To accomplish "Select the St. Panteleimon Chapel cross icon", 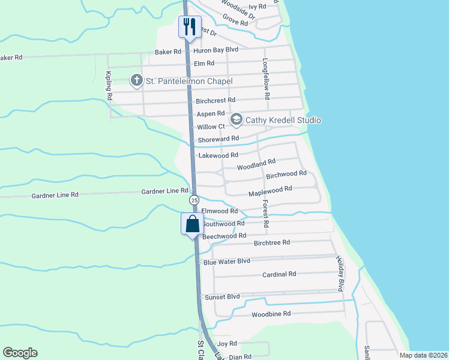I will click(x=136, y=80).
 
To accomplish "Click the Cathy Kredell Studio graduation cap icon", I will click(x=236, y=120).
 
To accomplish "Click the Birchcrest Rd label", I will click(x=215, y=100).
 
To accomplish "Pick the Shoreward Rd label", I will click(x=218, y=139).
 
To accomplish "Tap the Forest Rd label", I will click(x=266, y=213).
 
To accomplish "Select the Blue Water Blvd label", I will click(x=226, y=262).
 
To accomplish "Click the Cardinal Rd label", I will click(x=279, y=274).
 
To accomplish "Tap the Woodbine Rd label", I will click(x=271, y=314).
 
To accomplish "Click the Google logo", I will click(x=20, y=353).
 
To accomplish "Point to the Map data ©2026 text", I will click(x=423, y=355).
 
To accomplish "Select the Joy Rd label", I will click(x=228, y=343).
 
